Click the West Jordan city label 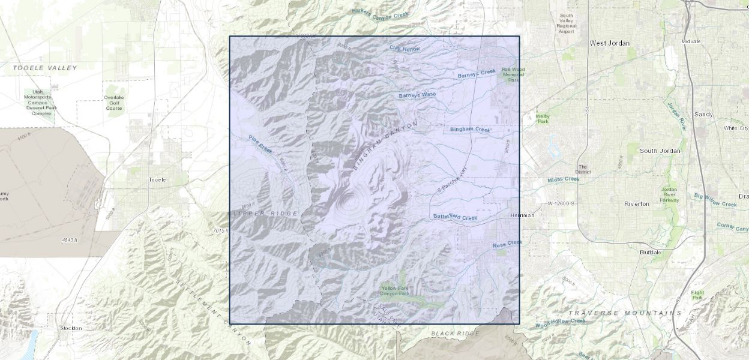[609, 43]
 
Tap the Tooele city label [157, 179]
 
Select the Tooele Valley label [45, 68]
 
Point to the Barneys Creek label [477, 74]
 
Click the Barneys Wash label [417, 95]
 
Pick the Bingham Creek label [470, 129]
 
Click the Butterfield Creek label [455, 217]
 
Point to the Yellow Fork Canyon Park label [396, 291]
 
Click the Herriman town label [522, 215]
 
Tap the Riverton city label [636, 204]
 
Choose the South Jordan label [660, 151]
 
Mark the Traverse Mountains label [624, 313]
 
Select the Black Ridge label [455, 334]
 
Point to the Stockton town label [71, 329]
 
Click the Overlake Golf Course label [113, 103]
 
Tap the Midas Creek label [563, 179]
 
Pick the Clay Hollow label [405, 49]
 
